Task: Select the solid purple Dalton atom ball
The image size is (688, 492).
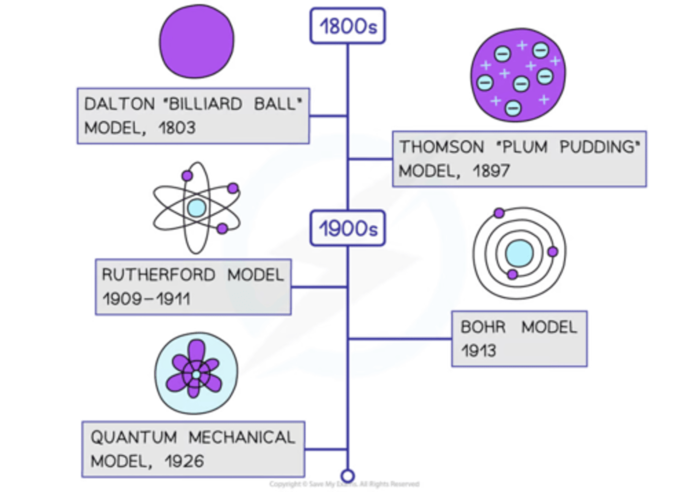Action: (197, 41)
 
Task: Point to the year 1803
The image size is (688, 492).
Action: (177, 128)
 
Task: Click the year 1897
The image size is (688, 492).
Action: (491, 171)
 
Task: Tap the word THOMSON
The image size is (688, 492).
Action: (441, 147)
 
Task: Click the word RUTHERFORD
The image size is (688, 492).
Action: (158, 275)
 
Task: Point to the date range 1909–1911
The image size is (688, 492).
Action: (146, 299)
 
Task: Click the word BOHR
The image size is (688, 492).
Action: (483, 327)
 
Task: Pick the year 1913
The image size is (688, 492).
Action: (478, 351)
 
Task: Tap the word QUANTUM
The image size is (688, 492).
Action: (134, 437)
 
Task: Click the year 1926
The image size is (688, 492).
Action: (184, 461)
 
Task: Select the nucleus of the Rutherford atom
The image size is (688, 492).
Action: (196, 209)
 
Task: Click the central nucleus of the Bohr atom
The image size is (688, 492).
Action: (519, 253)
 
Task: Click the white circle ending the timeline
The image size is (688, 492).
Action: (347, 476)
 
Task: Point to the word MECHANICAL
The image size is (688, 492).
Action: (242, 437)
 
